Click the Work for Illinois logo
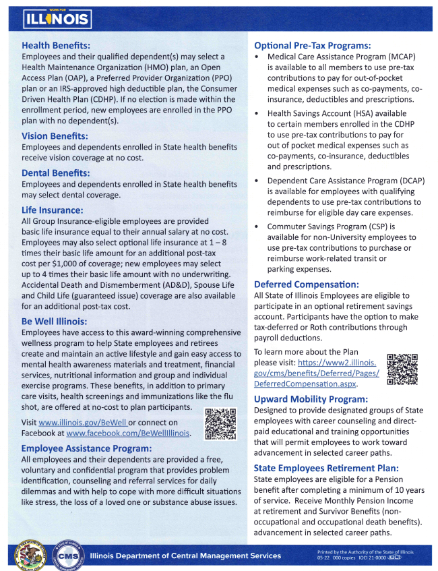(x=57, y=18)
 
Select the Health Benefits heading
(x=56, y=46)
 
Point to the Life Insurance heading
(x=53, y=210)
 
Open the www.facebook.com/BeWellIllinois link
(x=128, y=433)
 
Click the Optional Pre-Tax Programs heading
(x=313, y=45)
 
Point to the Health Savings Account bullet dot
(x=257, y=114)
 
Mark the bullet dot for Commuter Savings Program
(x=257, y=227)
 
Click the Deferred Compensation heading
(x=307, y=285)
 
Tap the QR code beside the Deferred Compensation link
(x=402, y=368)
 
